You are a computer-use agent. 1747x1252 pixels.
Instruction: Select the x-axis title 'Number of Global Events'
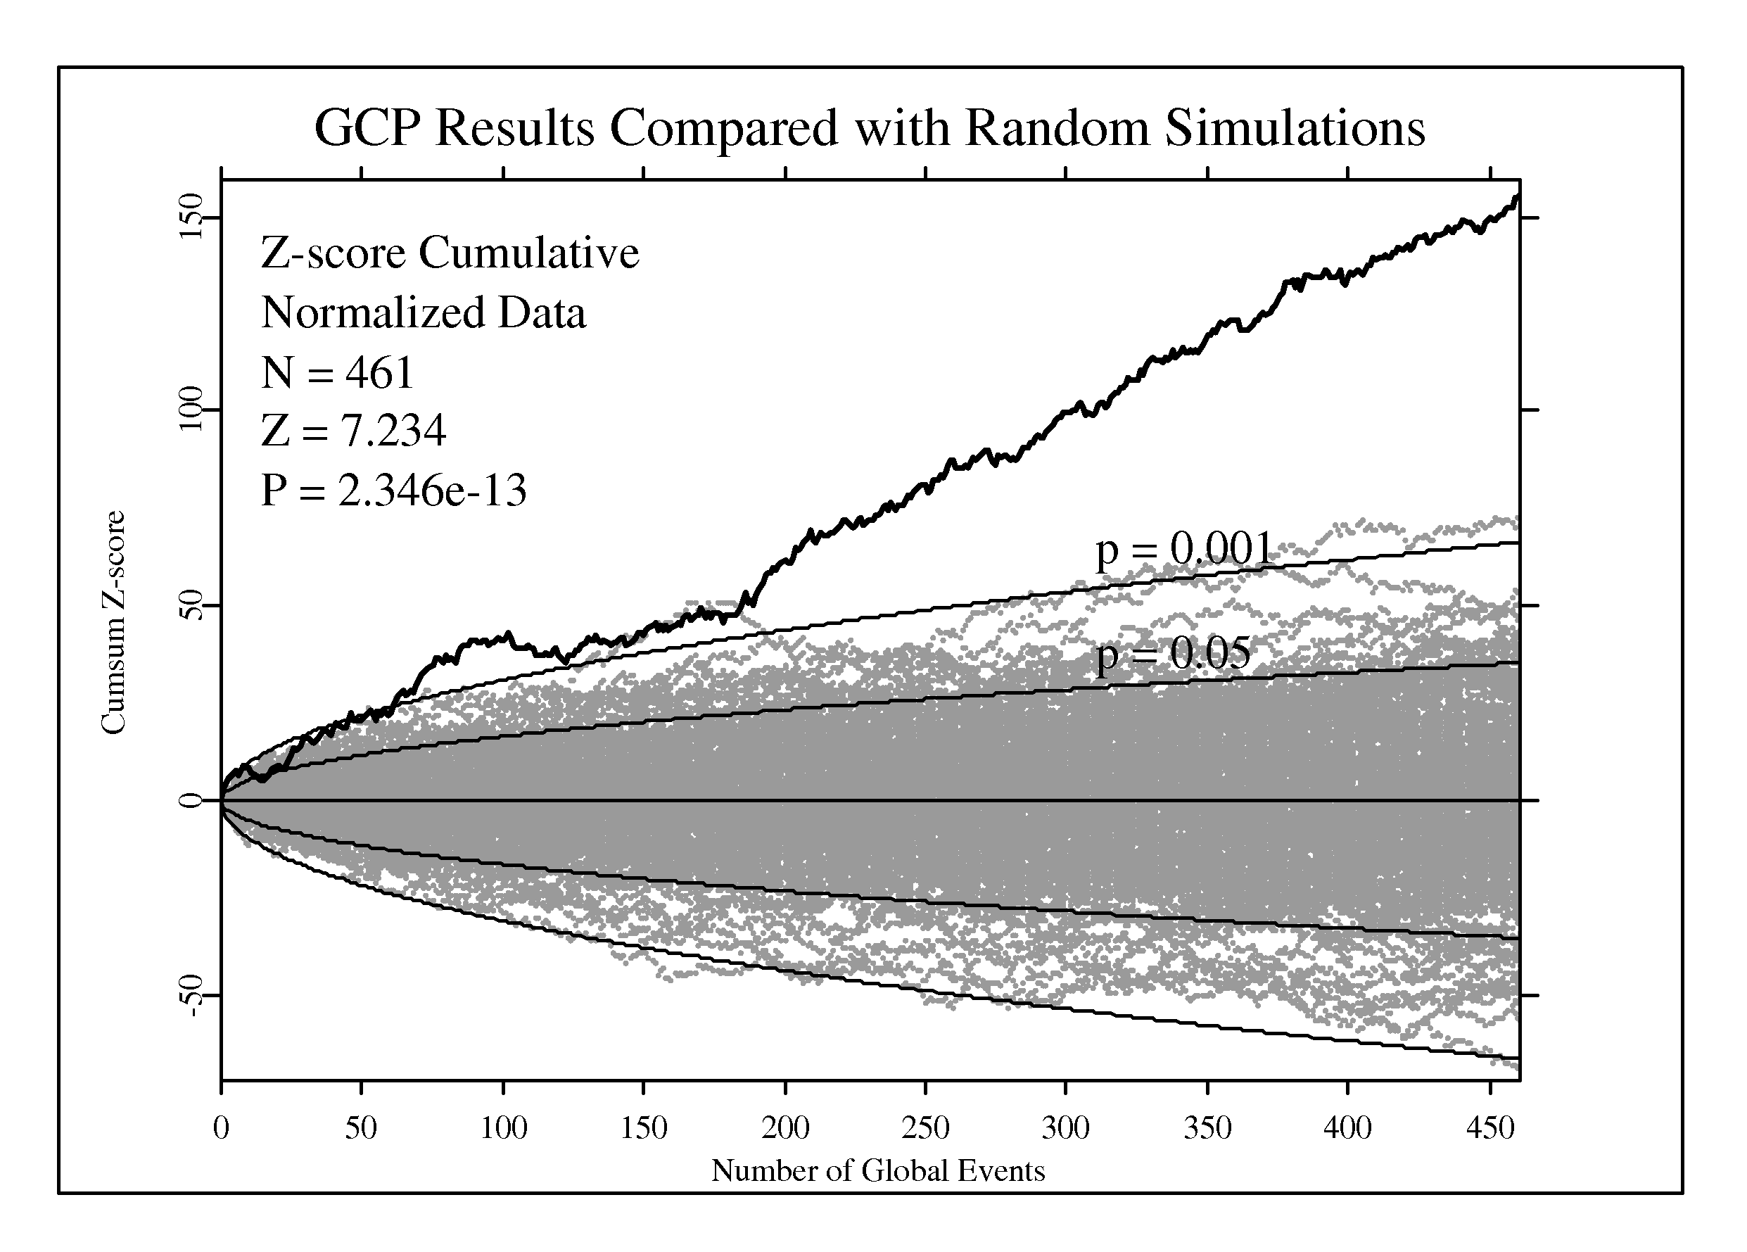[x=877, y=1170]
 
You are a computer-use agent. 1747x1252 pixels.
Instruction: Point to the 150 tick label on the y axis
[x=189, y=217]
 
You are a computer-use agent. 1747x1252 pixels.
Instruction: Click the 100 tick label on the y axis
[x=189, y=409]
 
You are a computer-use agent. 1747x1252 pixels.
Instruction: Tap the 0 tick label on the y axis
[x=189, y=800]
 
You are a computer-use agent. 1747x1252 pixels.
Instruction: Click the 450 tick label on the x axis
[x=1490, y=1128]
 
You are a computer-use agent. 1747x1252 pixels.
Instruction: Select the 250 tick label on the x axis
[x=925, y=1128]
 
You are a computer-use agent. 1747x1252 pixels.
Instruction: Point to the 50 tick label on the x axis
[x=360, y=1128]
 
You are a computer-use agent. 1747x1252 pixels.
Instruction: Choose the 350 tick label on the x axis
[x=1207, y=1128]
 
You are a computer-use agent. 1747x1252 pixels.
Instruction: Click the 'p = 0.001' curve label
[x=1184, y=550]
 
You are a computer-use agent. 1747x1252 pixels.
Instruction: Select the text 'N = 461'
[x=338, y=373]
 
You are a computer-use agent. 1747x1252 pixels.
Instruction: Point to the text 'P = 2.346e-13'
[x=393, y=490]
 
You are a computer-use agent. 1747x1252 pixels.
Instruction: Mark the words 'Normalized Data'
[x=424, y=312]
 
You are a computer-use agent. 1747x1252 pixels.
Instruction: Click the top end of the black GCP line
[x=1518, y=197]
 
